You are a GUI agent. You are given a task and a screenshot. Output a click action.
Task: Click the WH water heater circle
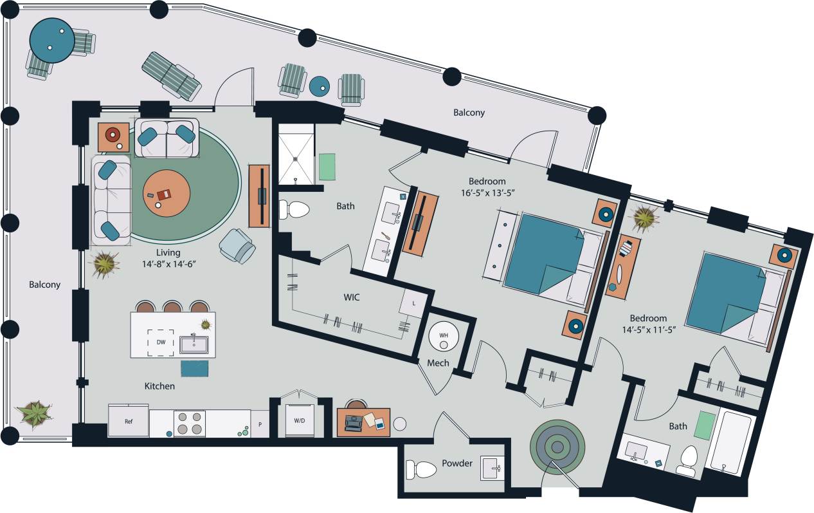point(443,336)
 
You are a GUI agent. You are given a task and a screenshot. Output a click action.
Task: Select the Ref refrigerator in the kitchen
point(128,422)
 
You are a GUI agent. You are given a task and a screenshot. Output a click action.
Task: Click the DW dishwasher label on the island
point(161,342)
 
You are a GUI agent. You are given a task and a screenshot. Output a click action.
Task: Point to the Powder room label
point(457,463)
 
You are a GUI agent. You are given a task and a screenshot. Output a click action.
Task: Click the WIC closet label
point(351,297)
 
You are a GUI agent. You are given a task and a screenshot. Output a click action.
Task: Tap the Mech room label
point(438,363)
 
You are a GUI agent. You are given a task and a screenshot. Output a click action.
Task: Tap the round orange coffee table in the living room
point(167,194)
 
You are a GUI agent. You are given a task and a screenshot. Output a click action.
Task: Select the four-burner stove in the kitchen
point(189,424)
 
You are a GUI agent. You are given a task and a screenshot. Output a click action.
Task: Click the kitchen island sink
point(194,344)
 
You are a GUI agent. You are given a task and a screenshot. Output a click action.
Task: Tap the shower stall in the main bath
point(296,154)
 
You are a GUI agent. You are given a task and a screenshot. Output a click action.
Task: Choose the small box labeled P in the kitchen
point(260,425)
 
